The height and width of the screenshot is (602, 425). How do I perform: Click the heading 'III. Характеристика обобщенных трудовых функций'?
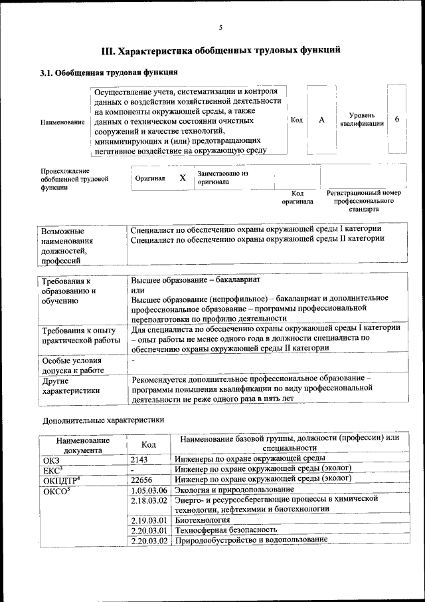point(221,50)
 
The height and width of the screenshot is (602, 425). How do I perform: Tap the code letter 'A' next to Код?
point(321,120)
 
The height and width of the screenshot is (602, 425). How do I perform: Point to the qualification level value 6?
point(396,119)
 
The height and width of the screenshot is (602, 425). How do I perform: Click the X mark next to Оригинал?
point(183,178)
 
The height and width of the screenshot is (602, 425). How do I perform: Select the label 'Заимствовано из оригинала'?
point(222,178)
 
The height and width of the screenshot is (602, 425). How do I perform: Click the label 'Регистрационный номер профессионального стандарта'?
point(365,200)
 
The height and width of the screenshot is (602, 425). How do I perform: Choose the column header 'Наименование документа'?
point(83,445)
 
